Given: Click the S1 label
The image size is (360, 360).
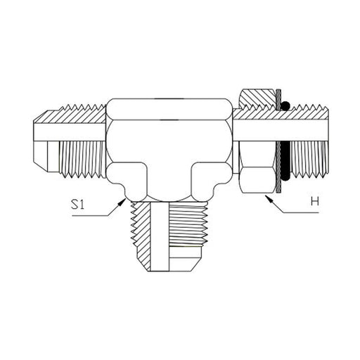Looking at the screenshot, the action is click(x=77, y=205).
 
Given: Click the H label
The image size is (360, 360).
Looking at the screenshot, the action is click(x=315, y=201).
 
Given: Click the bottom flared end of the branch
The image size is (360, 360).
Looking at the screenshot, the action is click(x=185, y=259).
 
